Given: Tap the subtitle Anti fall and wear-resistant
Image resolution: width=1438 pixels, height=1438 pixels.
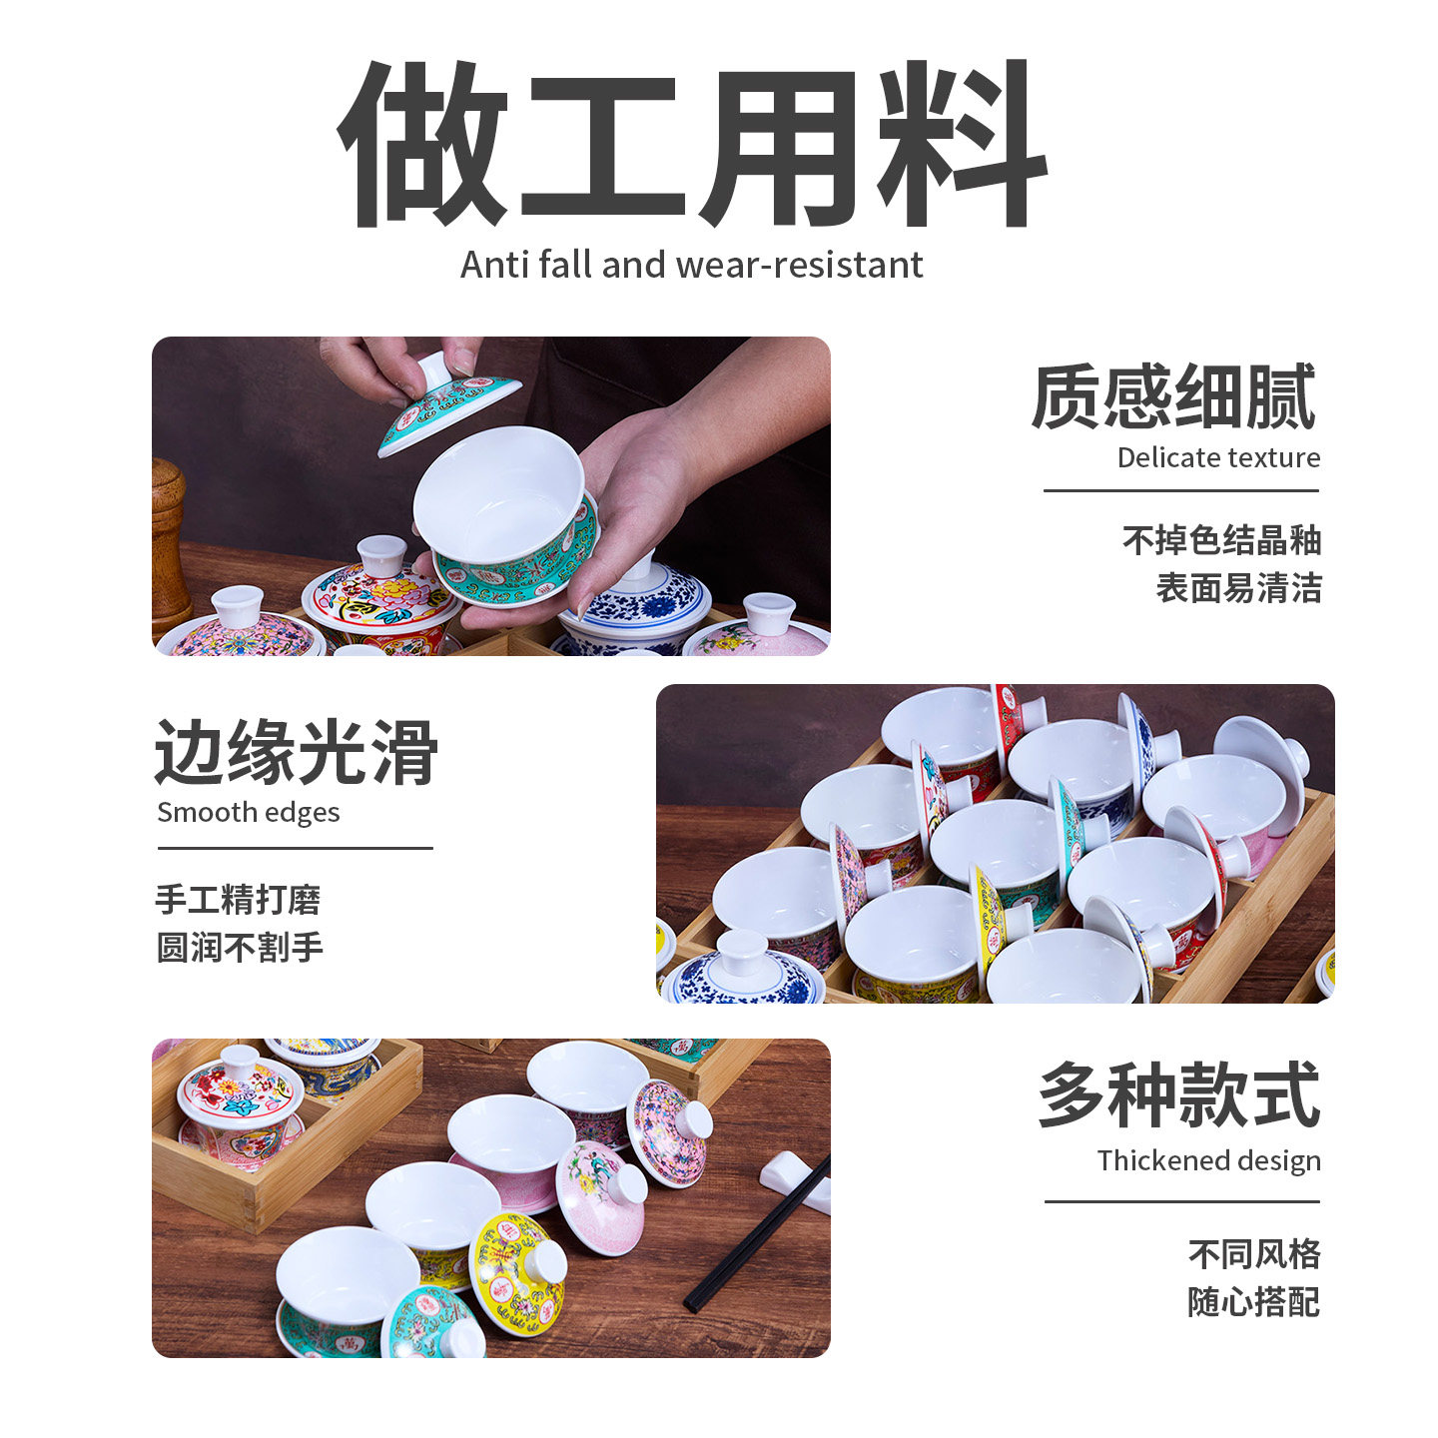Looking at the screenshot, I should coord(691,265).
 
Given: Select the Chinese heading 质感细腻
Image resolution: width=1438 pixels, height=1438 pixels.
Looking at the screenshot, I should coord(1174,396).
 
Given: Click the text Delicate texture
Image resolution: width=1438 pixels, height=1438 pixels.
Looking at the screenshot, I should coord(1217,457).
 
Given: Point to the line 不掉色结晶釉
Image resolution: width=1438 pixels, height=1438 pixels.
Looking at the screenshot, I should coord(1220,540).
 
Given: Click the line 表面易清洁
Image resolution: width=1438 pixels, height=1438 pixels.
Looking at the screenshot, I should coord(1237,587).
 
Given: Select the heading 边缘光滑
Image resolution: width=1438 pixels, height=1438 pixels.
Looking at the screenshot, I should coord(297,752).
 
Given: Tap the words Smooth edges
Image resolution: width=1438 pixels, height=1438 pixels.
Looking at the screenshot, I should coord(248,812).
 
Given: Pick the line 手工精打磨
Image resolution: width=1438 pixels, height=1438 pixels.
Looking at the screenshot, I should coord(238,899).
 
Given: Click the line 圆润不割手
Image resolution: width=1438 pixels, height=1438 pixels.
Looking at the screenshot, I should coord(240,947).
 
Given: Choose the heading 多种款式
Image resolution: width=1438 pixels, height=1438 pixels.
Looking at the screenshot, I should coord(1178,1095).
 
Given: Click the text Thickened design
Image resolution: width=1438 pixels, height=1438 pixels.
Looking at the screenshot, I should coord(1208,1160).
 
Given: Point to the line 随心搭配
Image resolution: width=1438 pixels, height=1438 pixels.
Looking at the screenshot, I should coord(1253,1301).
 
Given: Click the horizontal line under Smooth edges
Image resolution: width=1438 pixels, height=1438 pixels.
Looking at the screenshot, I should coord(295,849).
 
